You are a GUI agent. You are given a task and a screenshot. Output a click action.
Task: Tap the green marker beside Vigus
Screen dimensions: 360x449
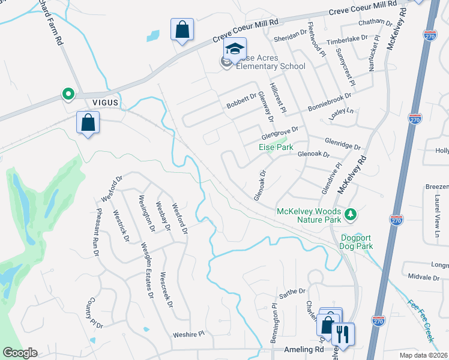(68, 94)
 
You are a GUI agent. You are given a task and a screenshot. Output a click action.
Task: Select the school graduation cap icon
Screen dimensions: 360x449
(235, 48)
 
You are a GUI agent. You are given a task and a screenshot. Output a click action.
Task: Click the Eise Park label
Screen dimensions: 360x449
(276, 147)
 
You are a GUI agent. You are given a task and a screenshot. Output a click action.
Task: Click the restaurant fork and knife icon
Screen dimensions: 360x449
(343, 333)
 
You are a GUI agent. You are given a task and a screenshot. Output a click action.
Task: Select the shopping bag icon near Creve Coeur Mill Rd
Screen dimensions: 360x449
(182, 29)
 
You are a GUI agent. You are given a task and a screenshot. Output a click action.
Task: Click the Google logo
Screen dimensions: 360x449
(20, 353)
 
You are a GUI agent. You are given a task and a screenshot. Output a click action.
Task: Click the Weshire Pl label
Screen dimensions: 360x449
(189, 334)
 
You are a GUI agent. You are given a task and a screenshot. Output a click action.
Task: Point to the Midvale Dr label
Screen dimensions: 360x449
(424, 278)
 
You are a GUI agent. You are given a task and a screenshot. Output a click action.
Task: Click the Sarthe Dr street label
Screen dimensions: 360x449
(293, 292)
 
